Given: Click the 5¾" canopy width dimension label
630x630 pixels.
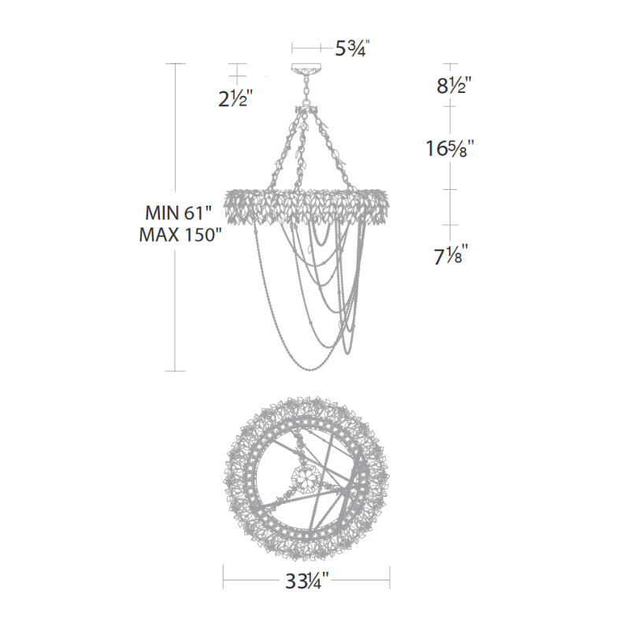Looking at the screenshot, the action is [350, 49].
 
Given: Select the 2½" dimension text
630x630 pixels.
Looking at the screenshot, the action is [235, 98].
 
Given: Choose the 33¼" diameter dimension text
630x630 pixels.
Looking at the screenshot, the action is [306, 580].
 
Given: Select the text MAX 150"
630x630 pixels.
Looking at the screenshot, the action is [180, 235].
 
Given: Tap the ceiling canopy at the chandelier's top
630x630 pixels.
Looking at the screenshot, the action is [306, 69].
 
